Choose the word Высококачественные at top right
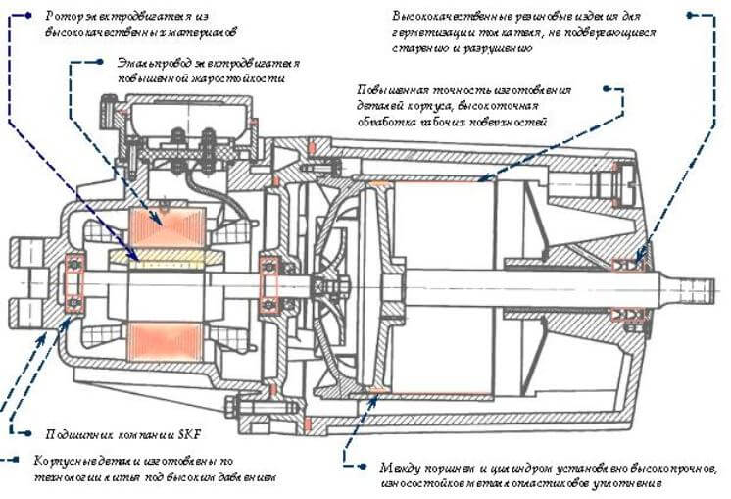click(446, 17)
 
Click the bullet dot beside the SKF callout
click(26, 431)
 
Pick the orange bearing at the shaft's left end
click(73, 284)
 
